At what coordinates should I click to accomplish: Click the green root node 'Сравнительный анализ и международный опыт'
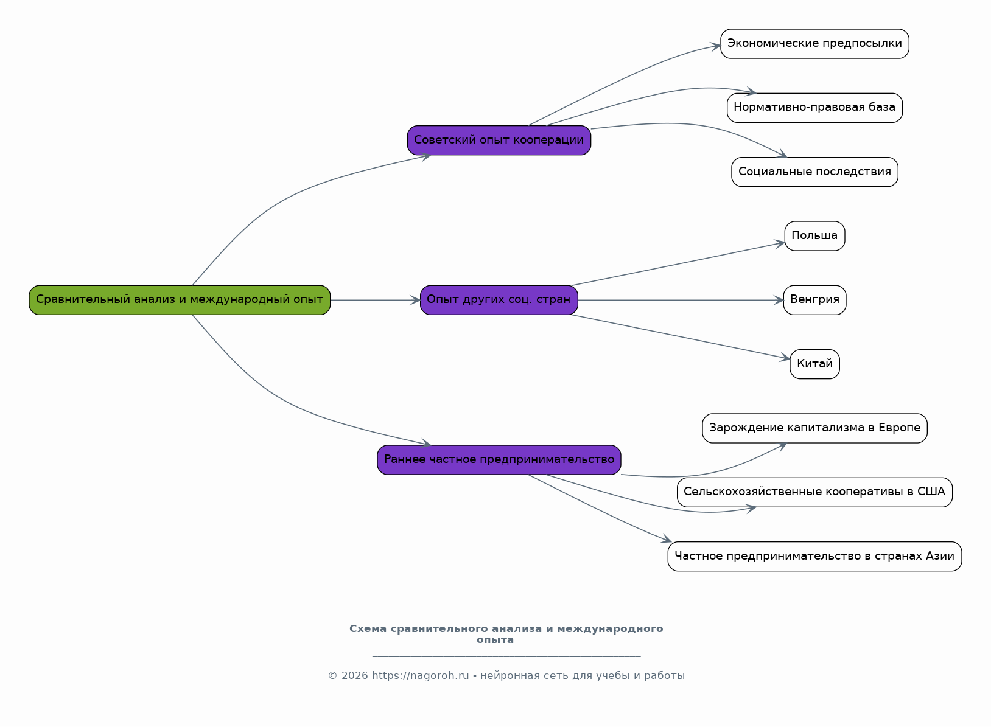[180, 300]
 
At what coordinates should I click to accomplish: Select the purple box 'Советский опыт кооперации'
[499, 140]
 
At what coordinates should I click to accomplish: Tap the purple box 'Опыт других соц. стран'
[499, 300]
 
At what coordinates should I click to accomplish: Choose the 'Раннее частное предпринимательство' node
[499, 460]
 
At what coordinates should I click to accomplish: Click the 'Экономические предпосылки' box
[814, 44]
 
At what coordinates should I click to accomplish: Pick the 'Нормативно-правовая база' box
[814, 108]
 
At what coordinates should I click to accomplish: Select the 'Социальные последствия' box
[814, 172]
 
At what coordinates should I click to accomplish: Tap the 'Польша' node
[814, 235]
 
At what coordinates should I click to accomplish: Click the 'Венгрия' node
[814, 300]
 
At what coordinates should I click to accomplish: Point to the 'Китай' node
[814, 364]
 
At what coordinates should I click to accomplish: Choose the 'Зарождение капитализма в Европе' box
[814, 428]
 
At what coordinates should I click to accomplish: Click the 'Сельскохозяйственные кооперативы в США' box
[814, 492]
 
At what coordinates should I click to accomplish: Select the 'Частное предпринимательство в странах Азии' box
[814, 556]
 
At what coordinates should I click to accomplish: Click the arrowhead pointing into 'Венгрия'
[779, 301]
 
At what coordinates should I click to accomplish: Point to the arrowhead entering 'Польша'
[780, 244]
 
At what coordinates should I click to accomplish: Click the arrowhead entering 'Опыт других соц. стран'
[415, 301]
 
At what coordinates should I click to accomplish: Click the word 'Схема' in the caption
[368, 629]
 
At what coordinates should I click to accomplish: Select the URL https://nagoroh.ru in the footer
[420, 676]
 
